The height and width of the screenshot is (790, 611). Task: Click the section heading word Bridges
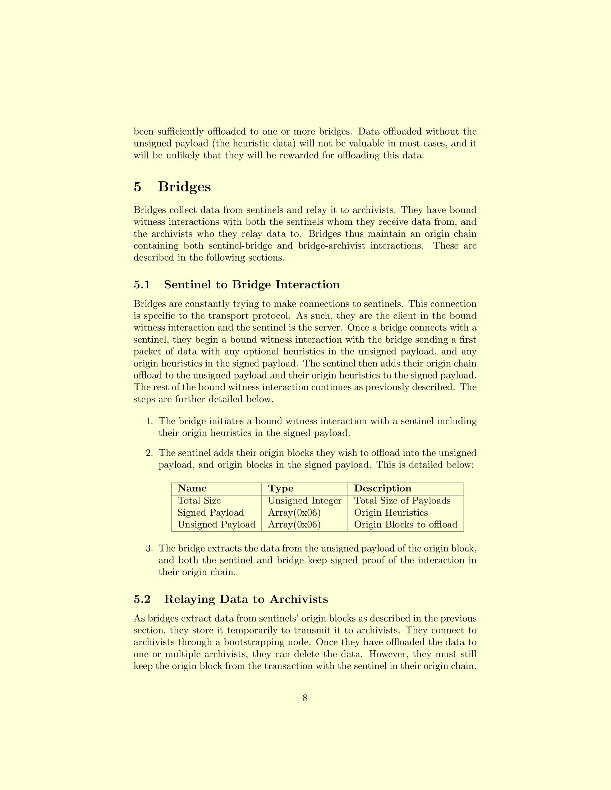pyautogui.click(x=184, y=187)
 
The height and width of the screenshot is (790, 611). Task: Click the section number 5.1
pyautogui.click(x=142, y=285)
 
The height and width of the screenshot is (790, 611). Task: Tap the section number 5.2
pyautogui.click(x=142, y=599)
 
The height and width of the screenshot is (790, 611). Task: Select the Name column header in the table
pyautogui.click(x=192, y=488)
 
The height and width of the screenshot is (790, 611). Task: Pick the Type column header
pyautogui.click(x=281, y=488)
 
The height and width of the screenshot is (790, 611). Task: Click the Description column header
pyautogui.click(x=383, y=488)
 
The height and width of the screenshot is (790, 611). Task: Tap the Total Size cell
pyautogui.click(x=199, y=501)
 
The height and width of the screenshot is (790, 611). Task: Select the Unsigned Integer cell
pyautogui.click(x=304, y=501)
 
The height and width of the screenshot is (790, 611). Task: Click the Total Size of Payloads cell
pyautogui.click(x=402, y=501)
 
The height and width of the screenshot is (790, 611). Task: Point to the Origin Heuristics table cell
pyautogui.click(x=391, y=512)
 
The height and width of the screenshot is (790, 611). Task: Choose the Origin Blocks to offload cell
pyautogui.click(x=405, y=525)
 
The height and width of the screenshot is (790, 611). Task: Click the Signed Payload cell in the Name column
pyautogui.click(x=211, y=512)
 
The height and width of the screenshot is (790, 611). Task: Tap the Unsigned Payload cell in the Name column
pyautogui.click(x=216, y=525)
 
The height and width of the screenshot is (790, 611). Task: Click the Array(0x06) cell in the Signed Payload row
pyautogui.click(x=294, y=512)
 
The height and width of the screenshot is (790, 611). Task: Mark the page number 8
pyautogui.click(x=305, y=698)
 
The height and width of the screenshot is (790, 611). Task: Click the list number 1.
pyautogui.click(x=149, y=422)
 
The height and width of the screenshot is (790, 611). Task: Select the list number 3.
pyautogui.click(x=149, y=549)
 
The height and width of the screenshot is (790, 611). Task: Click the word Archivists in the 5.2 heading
pyautogui.click(x=299, y=599)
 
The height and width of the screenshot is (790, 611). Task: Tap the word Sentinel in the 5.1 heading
pyautogui.click(x=187, y=285)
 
